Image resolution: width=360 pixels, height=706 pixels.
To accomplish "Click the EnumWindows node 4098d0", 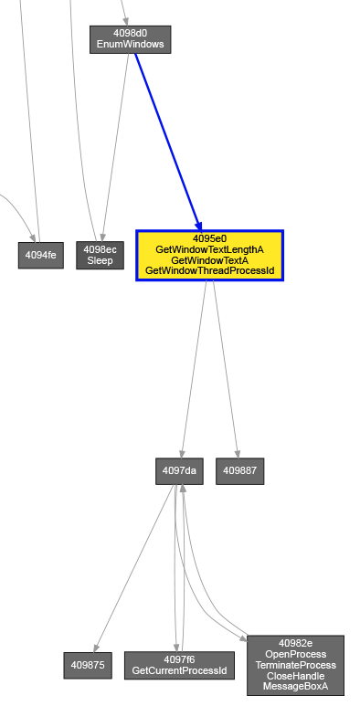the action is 131,39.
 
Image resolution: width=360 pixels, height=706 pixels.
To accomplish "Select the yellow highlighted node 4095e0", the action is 209,256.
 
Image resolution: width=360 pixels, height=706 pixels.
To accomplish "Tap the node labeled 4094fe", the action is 40,256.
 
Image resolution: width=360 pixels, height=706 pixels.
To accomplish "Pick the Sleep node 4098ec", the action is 100,256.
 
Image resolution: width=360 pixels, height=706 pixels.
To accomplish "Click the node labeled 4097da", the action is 179,471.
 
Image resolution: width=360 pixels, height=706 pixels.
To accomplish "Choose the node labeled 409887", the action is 239,471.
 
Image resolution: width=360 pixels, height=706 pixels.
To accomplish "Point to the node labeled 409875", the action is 88,665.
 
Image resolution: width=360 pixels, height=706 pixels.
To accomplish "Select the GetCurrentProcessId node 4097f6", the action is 179,665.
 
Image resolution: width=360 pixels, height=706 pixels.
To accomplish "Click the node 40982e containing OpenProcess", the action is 295,665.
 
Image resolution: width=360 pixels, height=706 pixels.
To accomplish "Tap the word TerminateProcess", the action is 295,665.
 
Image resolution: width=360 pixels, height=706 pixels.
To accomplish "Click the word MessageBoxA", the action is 295,687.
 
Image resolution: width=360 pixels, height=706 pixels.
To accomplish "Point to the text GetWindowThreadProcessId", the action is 209,271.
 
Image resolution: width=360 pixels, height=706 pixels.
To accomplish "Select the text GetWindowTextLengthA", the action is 209,249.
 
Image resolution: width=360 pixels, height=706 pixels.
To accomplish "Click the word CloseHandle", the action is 295,676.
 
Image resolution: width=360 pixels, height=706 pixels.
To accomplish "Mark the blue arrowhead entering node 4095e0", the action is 198,226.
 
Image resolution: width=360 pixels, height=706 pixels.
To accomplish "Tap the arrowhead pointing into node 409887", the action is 237,454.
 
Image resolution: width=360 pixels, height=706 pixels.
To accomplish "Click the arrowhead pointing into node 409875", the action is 96,648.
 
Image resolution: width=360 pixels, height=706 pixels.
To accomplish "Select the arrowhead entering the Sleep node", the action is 102,237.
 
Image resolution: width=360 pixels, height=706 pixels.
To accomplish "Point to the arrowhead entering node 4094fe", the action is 33,237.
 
